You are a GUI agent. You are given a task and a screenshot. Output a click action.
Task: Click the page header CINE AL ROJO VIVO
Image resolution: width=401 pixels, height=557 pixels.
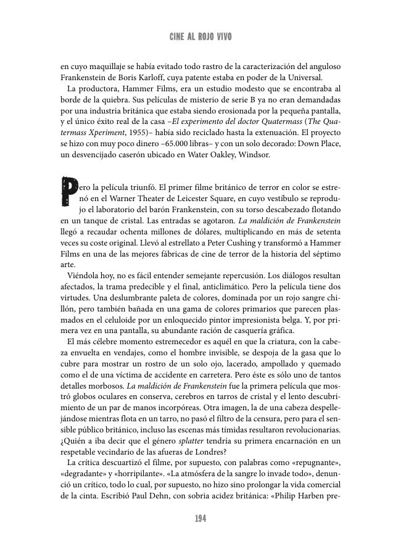point(200,37)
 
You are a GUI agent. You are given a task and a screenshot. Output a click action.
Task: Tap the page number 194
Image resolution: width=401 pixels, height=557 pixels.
point(200,519)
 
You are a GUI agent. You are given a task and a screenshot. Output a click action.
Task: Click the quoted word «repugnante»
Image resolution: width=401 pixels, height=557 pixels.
point(315,463)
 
